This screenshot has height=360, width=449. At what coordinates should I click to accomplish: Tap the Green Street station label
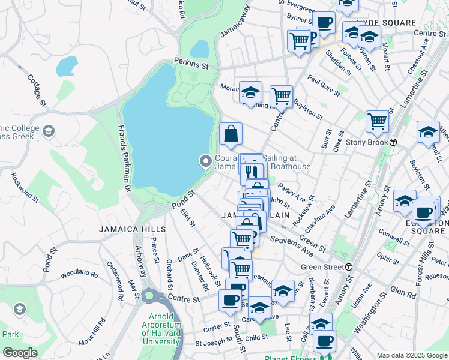322,266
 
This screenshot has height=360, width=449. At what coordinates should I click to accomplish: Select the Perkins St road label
191,61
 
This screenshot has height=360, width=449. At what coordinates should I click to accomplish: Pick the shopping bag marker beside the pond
231,134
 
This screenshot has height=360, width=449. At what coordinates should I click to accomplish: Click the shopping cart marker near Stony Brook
377,122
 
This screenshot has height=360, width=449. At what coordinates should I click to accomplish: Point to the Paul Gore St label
324,86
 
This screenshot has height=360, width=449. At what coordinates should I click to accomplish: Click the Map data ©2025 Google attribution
411,355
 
